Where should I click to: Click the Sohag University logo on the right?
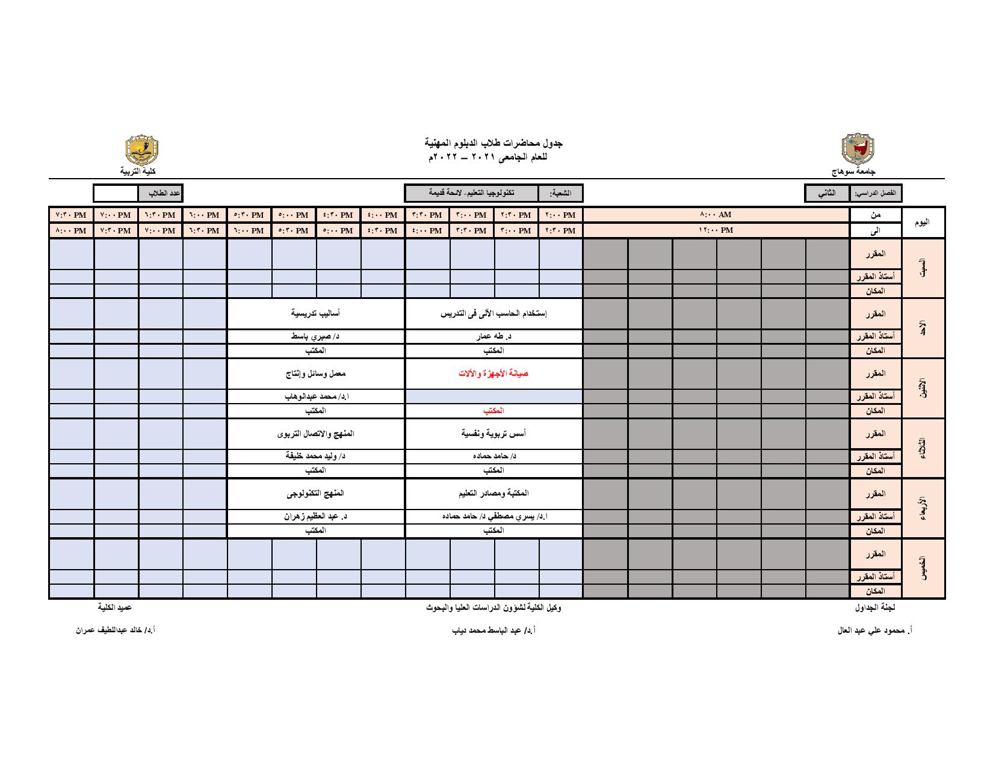[858, 150]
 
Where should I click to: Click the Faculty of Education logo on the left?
[141, 150]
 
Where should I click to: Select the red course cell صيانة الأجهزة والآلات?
[493, 374]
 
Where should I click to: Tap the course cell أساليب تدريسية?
[315, 313]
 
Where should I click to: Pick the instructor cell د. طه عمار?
[493, 337]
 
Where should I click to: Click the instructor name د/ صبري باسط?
[315, 337]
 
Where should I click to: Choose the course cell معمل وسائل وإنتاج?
[315, 374]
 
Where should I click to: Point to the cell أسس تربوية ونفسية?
[493, 433]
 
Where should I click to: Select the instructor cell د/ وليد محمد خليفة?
[315, 456]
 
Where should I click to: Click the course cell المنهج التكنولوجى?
[315, 493]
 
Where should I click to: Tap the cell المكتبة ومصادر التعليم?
[493, 493]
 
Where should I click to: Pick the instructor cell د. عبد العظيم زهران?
[315, 516]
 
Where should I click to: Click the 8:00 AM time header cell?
[716, 215]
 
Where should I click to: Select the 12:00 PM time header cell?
[716, 230]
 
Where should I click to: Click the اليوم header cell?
[922, 223]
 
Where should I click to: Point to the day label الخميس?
[923, 568]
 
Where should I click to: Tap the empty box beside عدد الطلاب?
[116, 193]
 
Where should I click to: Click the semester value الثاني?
[827, 193]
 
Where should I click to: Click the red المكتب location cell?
[493, 411]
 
